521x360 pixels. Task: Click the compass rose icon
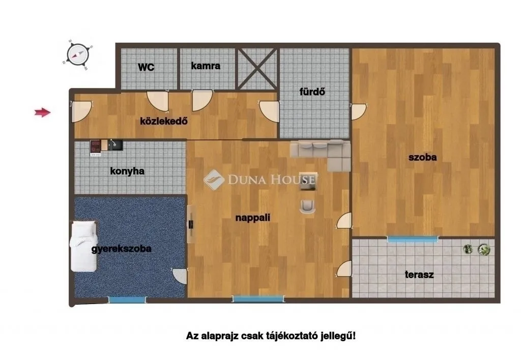coord(78,53)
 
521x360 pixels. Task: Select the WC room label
coord(146,67)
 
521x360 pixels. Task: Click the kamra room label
coord(206,66)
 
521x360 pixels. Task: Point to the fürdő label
coord(311,92)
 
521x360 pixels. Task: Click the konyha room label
coord(127,171)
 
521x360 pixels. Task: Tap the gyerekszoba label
coord(121,249)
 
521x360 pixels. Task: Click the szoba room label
coord(422,157)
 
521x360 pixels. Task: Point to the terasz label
coord(419,275)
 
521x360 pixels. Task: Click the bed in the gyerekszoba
coord(83,246)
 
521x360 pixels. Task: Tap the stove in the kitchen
coord(96,147)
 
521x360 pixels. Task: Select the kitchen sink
coord(115,145)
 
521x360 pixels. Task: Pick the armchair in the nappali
coord(308,205)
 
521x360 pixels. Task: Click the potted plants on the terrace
coord(477,249)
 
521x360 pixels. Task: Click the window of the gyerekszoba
coord(127,300)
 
